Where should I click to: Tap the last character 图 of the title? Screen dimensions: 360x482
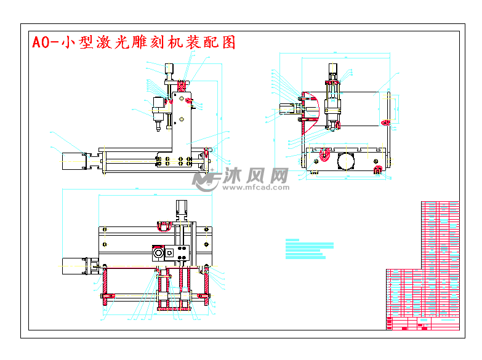point(228,42)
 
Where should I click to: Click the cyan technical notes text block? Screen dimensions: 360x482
point(310,249)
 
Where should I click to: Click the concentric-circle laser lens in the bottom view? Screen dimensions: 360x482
point(158,252)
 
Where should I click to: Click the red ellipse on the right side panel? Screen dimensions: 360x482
point(386,122)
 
